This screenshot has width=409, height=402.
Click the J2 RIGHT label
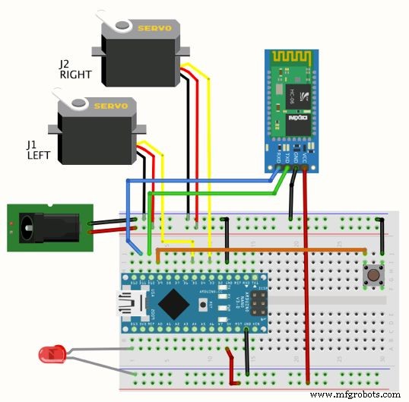coord(76,71)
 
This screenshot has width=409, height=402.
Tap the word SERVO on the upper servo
coord(154,28)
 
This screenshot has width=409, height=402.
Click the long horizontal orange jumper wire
coord(258,248)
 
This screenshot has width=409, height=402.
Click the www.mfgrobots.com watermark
coord(355,394)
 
